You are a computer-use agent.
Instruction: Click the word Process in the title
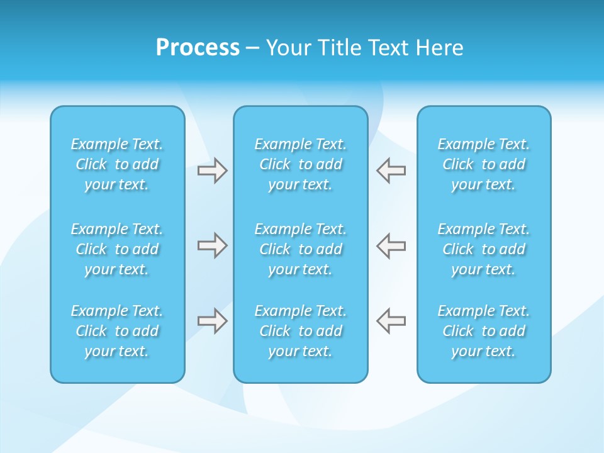click(198, 48)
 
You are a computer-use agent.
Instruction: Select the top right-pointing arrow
click(212, 171)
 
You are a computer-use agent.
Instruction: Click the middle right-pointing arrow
click(212, 245)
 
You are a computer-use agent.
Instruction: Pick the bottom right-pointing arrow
click(212, 321)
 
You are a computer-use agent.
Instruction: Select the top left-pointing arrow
click(391, 171)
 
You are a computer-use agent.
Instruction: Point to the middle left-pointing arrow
click(391, 245)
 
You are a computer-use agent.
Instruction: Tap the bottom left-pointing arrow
click(391, 321)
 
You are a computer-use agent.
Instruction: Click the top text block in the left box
click(117, 164)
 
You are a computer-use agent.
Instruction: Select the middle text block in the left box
click(117, 249)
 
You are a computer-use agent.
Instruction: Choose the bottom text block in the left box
click(117, 331)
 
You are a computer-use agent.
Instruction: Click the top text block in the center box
click(301, 164)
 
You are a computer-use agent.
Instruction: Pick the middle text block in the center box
click(301, 249)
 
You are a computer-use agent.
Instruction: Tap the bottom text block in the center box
click(301, 331)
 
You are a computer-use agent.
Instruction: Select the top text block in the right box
click(484, 164)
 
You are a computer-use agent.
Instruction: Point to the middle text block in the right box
click(484, 249)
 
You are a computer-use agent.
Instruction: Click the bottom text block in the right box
click(484, 331)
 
